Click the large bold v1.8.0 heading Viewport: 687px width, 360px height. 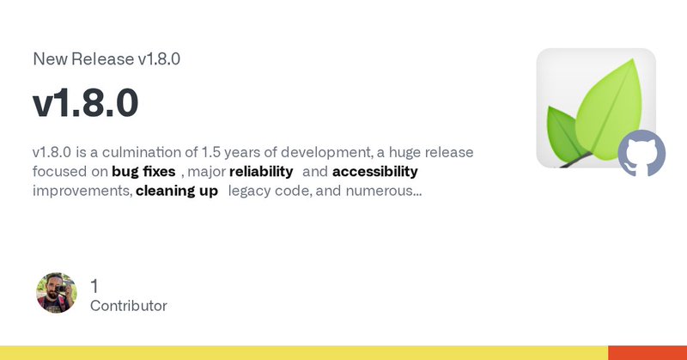click(x=86, y=105)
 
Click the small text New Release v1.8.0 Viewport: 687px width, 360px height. click(x=106, y=59)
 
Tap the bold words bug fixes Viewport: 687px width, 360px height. click(x=143, y=171)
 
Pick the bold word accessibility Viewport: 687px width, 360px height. click(x=374, y=171)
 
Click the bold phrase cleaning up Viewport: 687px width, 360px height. click(x=176, y=190)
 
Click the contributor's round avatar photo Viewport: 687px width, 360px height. click(x=57, y=293)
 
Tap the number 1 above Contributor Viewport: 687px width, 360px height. click(x=94, y=284)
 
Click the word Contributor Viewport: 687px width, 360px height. click(x=128, y=306)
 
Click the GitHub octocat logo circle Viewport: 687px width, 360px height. click(x=641, y=154)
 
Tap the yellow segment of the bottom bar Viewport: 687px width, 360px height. click(x=301, y=353)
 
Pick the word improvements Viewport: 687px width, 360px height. click(x=82, y=190)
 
